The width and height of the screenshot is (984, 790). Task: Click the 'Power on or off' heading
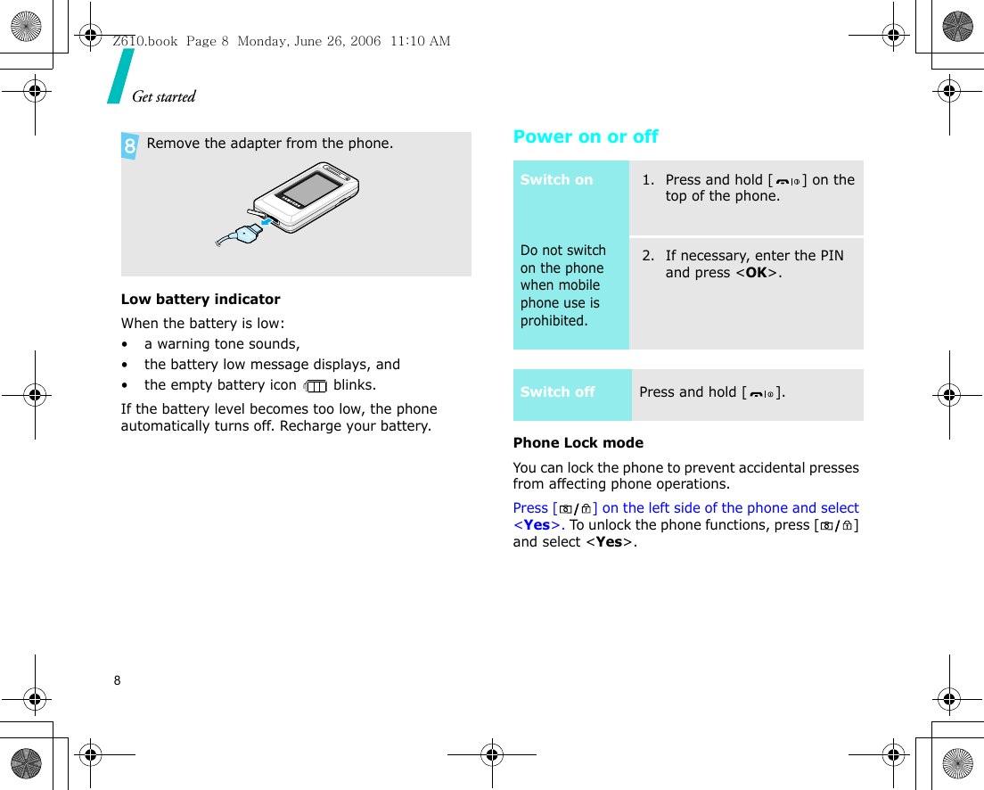pos(586,136)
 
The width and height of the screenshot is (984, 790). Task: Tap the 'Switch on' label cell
pos(556,180)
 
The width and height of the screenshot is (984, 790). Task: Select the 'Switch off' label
pos(557,392)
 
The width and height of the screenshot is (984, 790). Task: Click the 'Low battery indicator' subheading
pos(201,300)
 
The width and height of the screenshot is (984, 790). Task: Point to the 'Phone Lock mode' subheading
pos(578,443)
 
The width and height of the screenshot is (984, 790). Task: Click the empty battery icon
pos(315,386)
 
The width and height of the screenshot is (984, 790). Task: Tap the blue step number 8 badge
pos(130,145)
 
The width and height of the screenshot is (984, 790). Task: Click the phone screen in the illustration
pos(307,190)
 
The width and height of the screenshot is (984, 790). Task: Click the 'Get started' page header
pos(164,96)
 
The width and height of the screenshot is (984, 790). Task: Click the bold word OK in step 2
pos(755,273)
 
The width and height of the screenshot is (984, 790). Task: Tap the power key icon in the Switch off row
pos(762,393)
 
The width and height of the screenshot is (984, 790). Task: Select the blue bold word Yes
pos(537,525)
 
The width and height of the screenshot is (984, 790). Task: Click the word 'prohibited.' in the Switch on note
pos(553,321)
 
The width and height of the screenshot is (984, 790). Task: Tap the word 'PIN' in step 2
pos(831,256)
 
